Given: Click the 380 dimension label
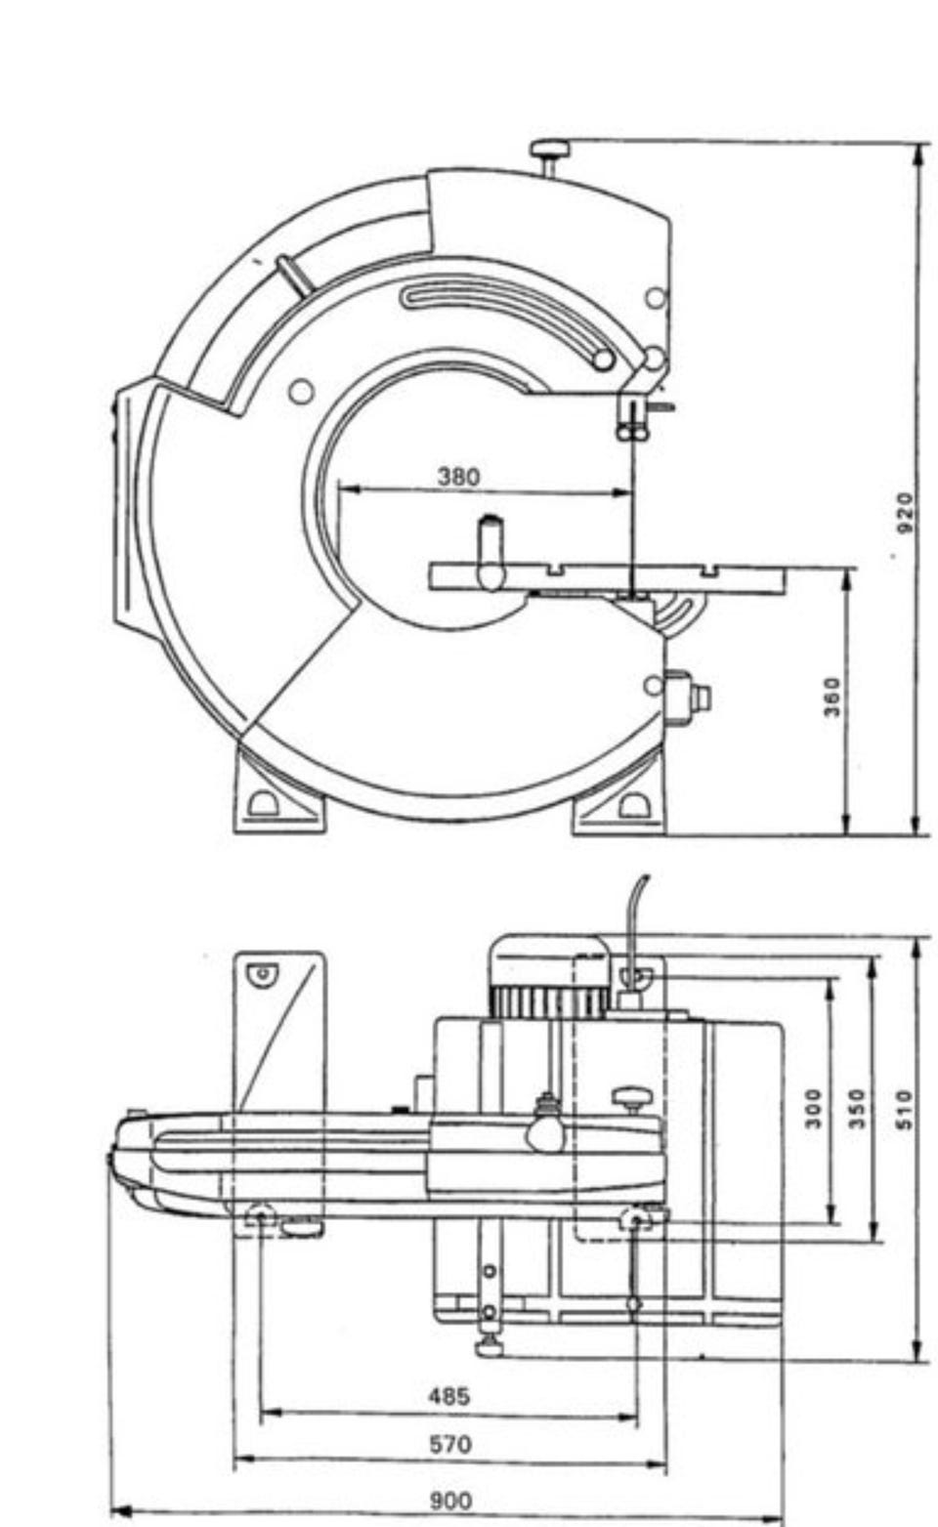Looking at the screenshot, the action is (x=458, y=476).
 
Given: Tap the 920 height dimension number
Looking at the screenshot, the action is (x=904, y=513).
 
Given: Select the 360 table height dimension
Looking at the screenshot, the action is (x=831, y=696).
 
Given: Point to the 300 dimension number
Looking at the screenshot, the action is (x=813, y=1109).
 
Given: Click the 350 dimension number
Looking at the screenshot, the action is (x=858, y=1109).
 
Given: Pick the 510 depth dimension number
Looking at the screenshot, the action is (x=904, y=1110).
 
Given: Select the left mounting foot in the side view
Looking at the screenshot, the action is (x=278, y=793).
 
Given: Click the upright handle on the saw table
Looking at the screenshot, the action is (x=490, y=552).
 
